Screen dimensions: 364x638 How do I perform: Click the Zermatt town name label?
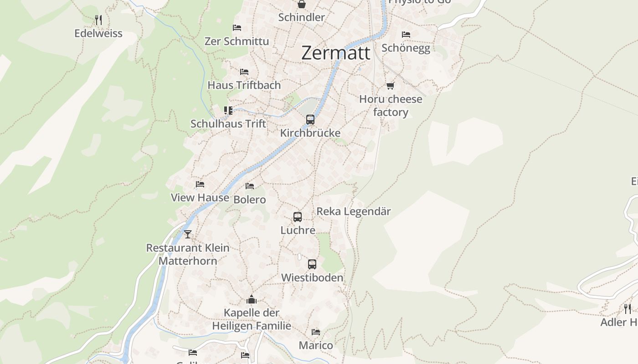(x=336, y=53)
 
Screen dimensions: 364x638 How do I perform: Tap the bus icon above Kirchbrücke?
(x=310, y=120)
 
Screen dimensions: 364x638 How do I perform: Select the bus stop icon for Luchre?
(x=298, y=217)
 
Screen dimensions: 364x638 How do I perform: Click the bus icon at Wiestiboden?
(x=312, y=264)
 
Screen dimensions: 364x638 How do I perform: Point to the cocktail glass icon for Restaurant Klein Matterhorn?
(x=187, y=234)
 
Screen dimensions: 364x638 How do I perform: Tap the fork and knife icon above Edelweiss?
(x=98, y=20)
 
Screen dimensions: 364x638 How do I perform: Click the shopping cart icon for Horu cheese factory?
(x=390, y=86)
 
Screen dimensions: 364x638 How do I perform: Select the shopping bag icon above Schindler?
(x=301, y=5)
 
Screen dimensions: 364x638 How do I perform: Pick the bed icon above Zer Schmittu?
(x=237, y=28)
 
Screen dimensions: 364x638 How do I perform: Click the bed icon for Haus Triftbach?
(x=244, y=72)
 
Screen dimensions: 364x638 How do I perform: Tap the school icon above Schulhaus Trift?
(x=228, y=110)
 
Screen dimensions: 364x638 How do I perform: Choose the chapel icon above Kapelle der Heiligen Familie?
(x=251, y=299)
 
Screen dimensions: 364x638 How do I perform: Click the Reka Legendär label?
(x=354, y=212)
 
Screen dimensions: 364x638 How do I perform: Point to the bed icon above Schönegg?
(x=406, y=35)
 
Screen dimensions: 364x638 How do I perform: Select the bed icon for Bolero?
(x=250, y=186)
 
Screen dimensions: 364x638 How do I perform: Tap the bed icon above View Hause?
(x=200, y=184)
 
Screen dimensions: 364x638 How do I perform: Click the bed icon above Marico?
(x=316, y=332)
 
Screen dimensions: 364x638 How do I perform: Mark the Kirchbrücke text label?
(x=310, y=133)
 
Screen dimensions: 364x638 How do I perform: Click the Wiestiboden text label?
(x=312, y=278)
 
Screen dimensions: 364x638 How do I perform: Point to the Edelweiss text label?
(x=98, y=33)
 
